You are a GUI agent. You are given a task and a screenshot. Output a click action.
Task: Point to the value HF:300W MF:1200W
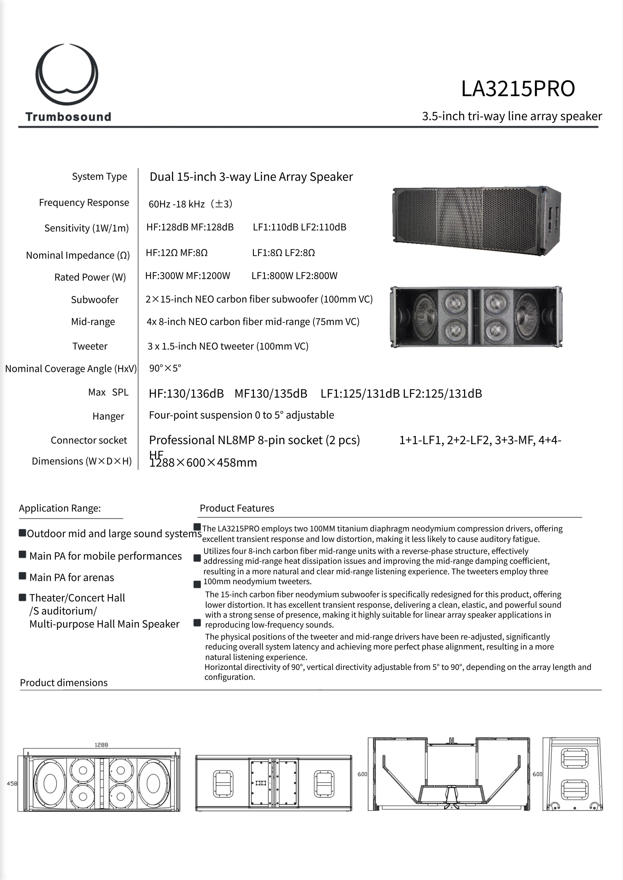tap(188, 276)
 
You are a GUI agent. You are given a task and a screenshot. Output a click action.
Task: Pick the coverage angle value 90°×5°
tap(165, 368)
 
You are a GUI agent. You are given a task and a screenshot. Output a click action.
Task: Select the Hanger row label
tap(108, 416)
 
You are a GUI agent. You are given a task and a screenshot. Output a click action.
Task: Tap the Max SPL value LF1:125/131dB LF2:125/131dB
tap(401, 393)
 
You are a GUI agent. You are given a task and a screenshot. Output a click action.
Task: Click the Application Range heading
tap(60, 508)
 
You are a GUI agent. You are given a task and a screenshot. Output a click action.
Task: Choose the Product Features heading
tap(237, 508)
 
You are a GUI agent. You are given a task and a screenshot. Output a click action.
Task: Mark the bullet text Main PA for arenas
tap(72, 578)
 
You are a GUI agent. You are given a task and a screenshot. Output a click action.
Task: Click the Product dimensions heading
tap(64, 683)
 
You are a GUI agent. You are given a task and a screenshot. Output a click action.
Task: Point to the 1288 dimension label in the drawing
tap(101, 745)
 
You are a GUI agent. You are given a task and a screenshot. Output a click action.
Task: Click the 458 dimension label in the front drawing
tap(12, 783)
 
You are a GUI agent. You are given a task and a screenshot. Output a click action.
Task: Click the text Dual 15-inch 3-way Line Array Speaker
tap(251, 177)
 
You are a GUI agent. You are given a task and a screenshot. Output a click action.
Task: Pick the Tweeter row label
tap(90, 346)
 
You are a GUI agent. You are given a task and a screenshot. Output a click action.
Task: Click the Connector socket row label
tap(89, 440)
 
